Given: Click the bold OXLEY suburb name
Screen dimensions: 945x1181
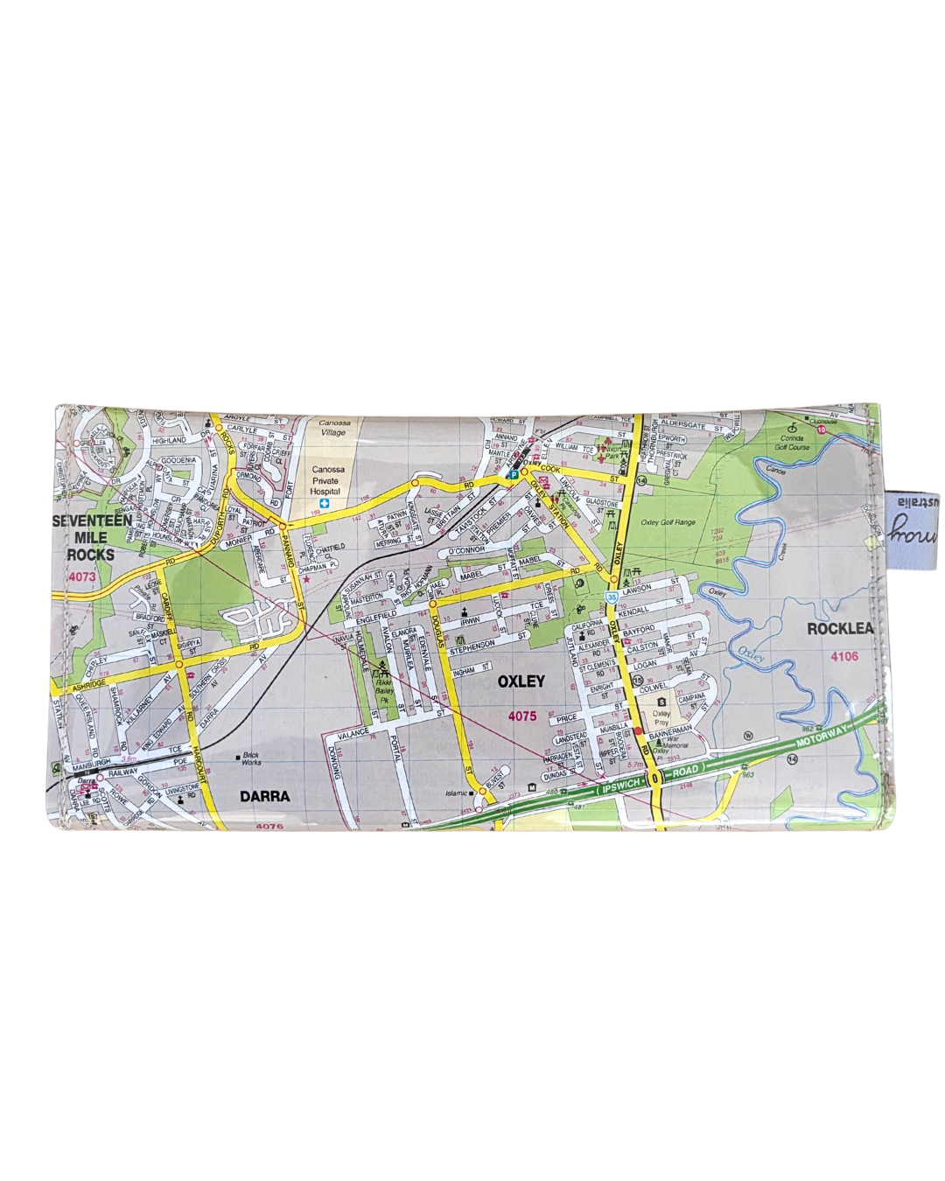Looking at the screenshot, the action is coord(521,681).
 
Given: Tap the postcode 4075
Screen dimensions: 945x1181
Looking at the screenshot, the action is coord(521,716).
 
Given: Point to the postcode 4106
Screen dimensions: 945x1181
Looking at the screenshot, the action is coord(844,656).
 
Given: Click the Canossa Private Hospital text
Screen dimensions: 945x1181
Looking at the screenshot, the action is coord(329,480).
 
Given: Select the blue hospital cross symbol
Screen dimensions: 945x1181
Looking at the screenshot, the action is coord(325,505).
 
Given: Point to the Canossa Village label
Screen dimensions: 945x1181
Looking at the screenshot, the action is coord(332,428).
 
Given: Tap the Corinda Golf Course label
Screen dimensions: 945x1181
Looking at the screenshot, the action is coord(792,442).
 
